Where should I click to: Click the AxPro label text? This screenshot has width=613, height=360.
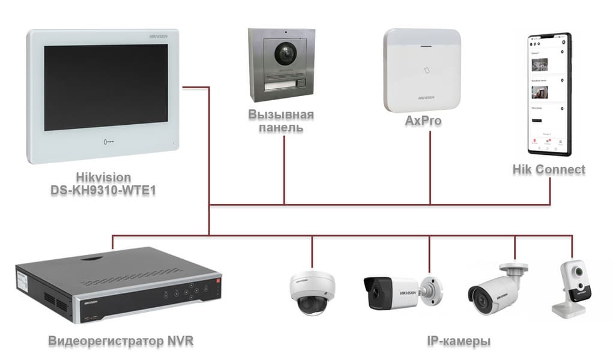[x=423, y=121]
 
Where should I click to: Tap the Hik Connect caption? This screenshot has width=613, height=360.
[x=548, y=169]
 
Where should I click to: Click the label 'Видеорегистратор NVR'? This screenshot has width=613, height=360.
[x=121, y=341]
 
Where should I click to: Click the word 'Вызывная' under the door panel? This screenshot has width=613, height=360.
[x=282, y=115]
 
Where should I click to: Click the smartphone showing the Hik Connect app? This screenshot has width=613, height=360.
[x=548, y=93]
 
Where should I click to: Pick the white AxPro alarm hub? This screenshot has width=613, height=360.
[x=423, y=70]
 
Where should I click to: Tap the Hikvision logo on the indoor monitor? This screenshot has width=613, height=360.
[x=160, y=37]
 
